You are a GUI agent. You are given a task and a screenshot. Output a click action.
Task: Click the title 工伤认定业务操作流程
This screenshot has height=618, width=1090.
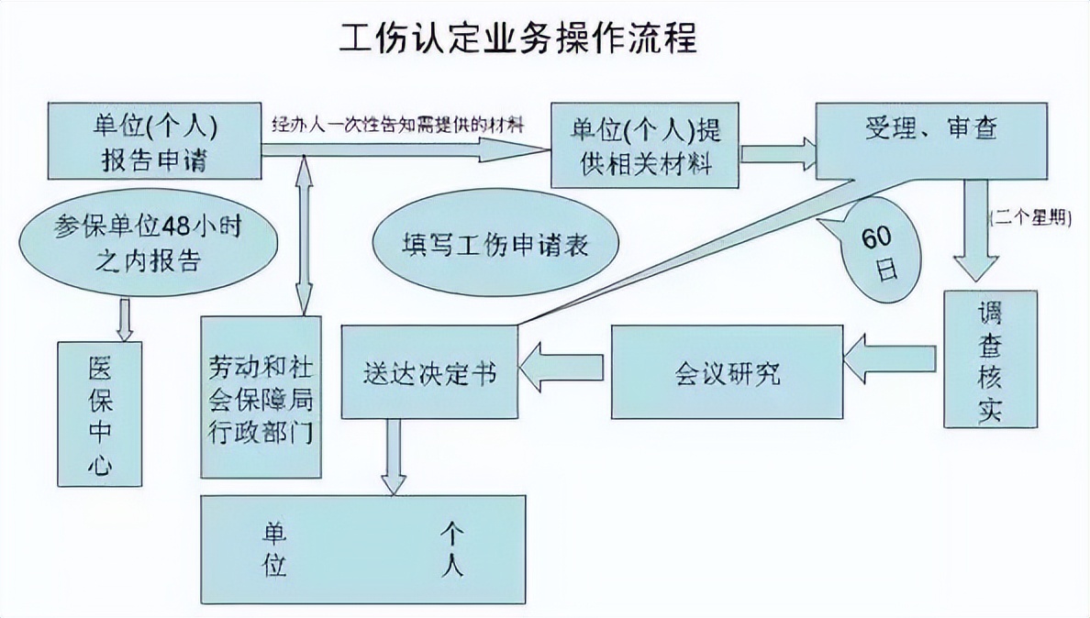(518, 39)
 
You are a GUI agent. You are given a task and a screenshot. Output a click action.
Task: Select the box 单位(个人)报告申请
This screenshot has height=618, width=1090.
(152, 141)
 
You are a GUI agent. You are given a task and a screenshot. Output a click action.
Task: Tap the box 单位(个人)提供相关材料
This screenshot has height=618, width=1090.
(644, 145)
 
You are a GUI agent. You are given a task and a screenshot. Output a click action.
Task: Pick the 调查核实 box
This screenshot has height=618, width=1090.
(990, 359)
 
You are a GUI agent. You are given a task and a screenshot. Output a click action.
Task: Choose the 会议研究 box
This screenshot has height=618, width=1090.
(727, 370)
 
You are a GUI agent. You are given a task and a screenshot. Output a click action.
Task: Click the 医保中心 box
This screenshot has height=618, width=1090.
(100, 414)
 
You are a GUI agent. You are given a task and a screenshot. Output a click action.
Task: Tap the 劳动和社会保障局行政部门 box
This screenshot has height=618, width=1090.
(261, 396)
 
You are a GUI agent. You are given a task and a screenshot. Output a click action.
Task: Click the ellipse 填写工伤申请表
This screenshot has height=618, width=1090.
(495, 246)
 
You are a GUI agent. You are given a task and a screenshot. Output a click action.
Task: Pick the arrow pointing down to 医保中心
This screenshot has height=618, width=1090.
(126, 320)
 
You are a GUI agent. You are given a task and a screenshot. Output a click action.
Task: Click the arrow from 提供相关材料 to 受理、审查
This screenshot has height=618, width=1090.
(777, 150)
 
